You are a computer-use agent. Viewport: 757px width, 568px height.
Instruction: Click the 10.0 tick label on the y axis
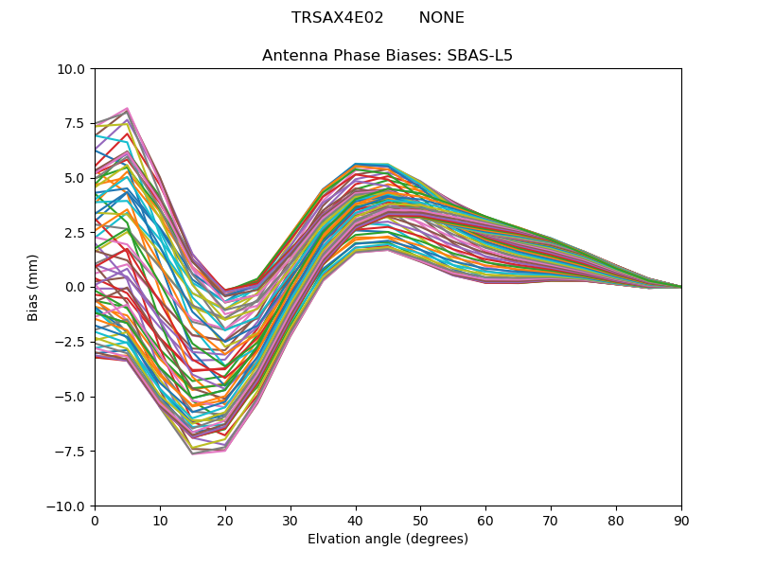pos(74,69)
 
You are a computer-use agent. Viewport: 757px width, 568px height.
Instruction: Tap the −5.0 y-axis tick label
pos(74,397)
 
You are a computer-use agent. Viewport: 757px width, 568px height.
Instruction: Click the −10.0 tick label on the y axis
pos(70,506)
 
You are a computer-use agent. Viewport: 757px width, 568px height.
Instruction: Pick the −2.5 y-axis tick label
pos(74,342)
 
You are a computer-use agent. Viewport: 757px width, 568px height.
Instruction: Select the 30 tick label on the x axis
pos(290,520)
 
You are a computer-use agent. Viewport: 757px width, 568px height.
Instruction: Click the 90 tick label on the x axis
pos(681,520)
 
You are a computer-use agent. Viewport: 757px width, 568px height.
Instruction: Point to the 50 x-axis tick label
pos(420,520)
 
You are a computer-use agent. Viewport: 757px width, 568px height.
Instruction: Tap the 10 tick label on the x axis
pos(160,520)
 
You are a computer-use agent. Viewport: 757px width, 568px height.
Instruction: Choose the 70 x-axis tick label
pos(551,520)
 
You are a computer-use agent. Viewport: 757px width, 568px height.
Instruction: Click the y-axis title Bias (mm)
pos(34,287)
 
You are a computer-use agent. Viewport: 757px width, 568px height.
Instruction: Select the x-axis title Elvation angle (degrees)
pos(388,539)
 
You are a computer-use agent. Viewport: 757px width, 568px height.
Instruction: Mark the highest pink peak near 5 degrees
pos(127,109)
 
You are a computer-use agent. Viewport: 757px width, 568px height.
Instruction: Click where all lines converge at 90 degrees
pos(680,287)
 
